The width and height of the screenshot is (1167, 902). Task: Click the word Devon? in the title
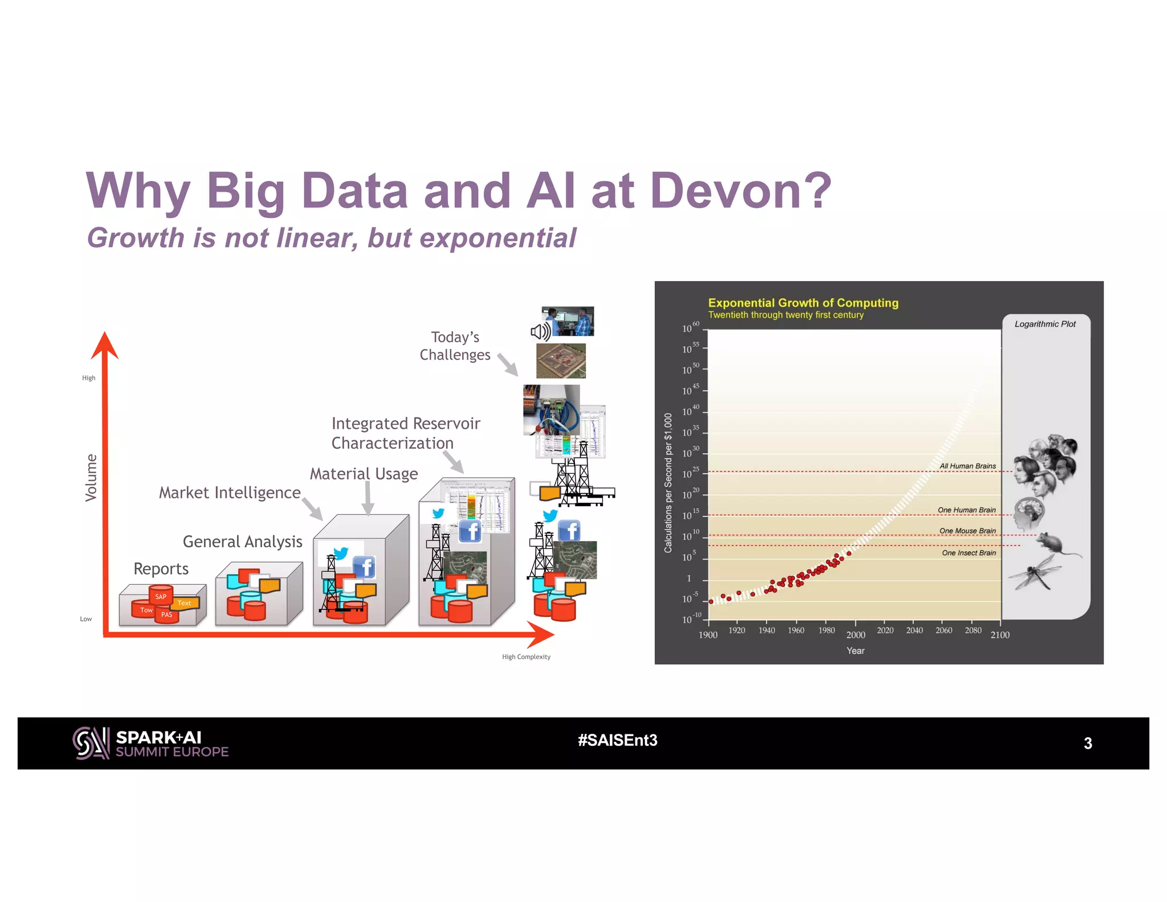740,190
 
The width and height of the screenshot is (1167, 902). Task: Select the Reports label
161,568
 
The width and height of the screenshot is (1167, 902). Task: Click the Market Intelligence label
229,492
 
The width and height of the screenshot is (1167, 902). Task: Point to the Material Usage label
364,473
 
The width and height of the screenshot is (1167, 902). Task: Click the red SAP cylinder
161,596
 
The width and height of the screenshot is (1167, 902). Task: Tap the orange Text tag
185,603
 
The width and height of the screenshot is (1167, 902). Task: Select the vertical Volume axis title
91,478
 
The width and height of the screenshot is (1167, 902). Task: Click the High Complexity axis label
526,657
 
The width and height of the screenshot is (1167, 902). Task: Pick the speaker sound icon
540,331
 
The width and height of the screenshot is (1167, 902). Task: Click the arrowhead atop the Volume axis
105,344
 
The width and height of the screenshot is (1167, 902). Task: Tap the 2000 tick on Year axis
855,635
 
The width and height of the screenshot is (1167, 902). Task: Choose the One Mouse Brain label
967,531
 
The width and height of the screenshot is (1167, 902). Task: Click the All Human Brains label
967,466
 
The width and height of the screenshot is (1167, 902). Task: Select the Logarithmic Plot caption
1044,324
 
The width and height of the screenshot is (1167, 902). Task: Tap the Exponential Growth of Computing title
803,303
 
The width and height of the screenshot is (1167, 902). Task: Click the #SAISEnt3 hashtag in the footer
617,740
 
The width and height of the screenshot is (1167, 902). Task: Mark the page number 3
1087,743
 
